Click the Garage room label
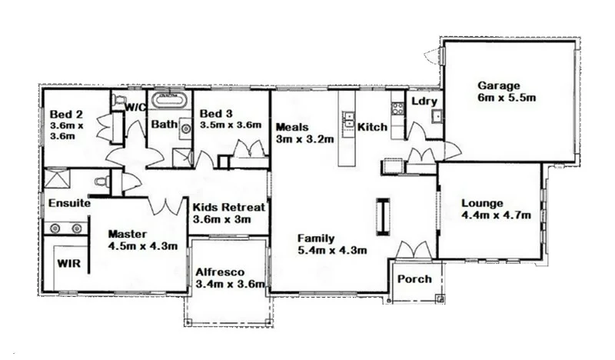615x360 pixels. [x=499, y=85]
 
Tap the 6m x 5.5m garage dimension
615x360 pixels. [x=506, y=98]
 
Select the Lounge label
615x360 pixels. [x=482, y=204]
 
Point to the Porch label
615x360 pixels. [x=414, y=278]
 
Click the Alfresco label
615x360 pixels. [x=220, y=272]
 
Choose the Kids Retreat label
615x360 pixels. [x=228, y=208]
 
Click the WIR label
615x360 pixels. [x=68, y=262]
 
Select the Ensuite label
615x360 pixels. [x=70, y=205]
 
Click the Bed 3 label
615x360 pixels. [x=216, y=113]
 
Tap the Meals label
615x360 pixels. [x=292, y=128]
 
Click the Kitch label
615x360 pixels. [x=372, y=127]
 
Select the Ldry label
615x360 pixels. [x=424, y=102]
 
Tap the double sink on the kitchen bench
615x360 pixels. [x=348, y=120]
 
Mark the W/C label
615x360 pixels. [x=136, y=107]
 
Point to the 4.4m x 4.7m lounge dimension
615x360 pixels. [x=496, y=216]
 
